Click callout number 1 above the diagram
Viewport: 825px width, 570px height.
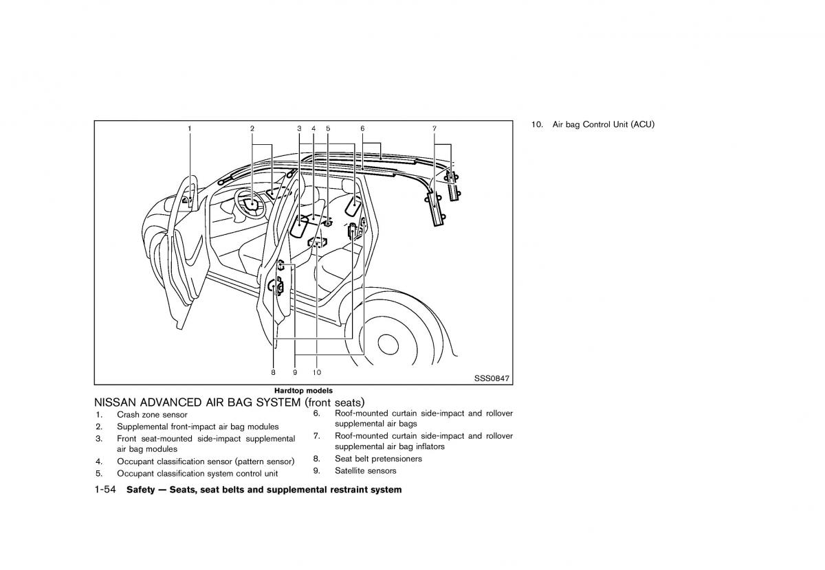click(x=190, y=128)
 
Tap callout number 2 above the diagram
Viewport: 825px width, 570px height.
click(x=252, y=128)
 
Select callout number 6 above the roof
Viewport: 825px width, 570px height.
click(x=362, y=128)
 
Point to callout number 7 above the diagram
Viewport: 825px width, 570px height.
click(x=434, y=128)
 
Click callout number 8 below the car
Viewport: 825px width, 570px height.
click(x=273, y=372)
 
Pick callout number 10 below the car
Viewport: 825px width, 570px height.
click(x=316, y=372)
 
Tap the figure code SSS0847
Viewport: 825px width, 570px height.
click(x=492, y=378)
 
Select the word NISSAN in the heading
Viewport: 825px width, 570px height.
click(x=115, y=402)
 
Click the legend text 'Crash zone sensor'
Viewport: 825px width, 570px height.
click(x=152, y=415)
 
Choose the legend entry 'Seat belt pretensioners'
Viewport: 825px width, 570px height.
click(x=378, y=459)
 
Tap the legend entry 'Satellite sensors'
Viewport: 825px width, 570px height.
click(x=365, y=471)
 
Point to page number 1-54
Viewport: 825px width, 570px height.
click(x=108, y=490)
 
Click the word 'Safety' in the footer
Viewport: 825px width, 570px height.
click(x=142, y=490)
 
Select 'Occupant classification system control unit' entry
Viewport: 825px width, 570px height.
click(x=197, y=474)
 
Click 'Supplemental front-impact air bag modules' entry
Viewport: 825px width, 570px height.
click(x=197, y=427)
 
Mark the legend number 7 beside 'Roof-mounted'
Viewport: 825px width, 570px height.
click(x=316, y=436)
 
